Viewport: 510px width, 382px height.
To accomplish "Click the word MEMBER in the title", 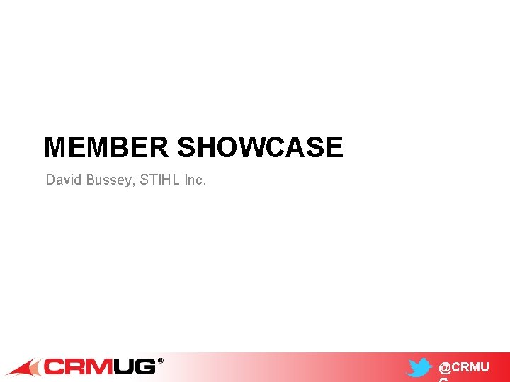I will pyautogui.click(x=106, y=147).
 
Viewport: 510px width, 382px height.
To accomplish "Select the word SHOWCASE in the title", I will pyautogui.click(x=260, y=147).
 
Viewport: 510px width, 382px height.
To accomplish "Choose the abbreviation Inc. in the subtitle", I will pyautogui.click(x=195, y=180).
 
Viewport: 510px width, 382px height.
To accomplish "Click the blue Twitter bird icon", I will pyautogui.click(x=419, y=368).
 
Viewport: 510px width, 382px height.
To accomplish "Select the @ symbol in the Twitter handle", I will pyautogui.click(x=445, y=368).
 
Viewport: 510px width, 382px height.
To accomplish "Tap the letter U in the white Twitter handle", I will pyautogui.click(x=484, y=368).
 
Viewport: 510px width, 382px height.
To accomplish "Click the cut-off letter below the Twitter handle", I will pyautogui.click(x=443, y=379).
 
